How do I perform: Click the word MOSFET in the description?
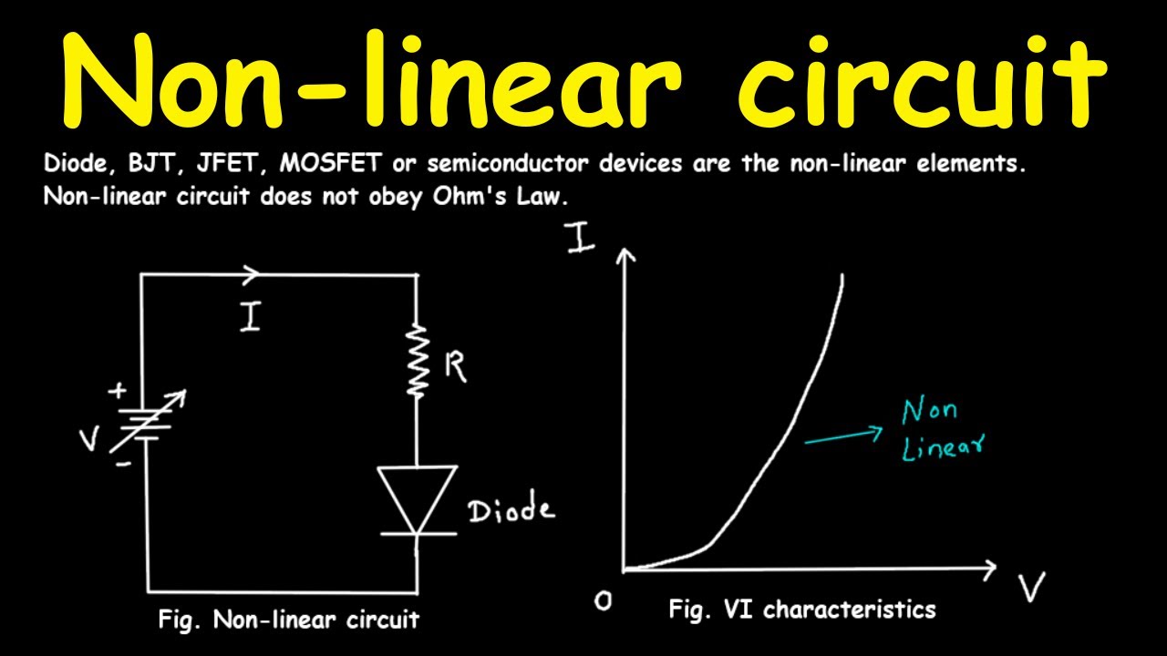click(x=331, y=163)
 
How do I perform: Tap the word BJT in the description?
click(x=151, y=163)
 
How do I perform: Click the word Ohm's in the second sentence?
click(x=470, y=197)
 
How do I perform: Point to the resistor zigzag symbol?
click(x=418, y=360)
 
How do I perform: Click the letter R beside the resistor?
click(x=455, y=367)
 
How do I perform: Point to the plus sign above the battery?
click(x=118, y=391)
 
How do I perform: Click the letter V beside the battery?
click(x=88, y=438)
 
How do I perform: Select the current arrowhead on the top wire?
click(x=251, y=275)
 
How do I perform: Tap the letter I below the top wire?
click(x=251, y=316)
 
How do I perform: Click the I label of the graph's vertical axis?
click(x=581, y=238)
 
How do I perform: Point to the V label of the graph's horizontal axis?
click(x=1031, y=587)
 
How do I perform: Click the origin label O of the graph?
click(x=603, y=601)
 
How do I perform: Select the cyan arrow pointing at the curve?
click(x=844, y=436)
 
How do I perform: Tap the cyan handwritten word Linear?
click(x=943, y=446)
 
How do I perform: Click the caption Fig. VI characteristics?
click(x=802, y=610)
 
